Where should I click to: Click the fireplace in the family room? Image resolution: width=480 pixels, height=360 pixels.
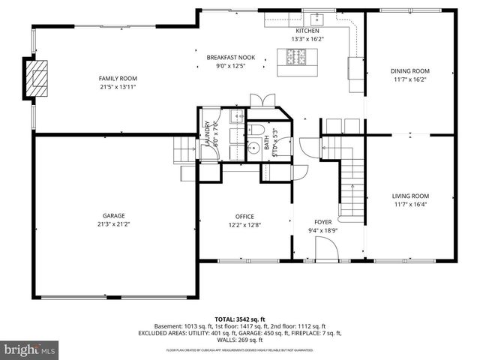(35, 78)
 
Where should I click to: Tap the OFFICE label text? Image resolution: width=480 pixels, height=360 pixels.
(245, 216)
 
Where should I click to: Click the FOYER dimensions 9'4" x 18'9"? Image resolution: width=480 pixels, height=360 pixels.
(323, 230)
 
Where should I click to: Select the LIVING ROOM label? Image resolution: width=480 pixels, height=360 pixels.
(410, 196)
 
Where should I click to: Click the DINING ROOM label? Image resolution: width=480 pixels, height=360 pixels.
(410, 71)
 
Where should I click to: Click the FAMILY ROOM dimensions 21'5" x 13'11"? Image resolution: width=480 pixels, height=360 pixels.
(118, 86)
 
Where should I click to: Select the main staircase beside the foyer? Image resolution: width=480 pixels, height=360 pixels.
(349, 180)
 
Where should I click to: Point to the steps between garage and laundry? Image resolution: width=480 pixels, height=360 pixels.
(184, 148)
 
